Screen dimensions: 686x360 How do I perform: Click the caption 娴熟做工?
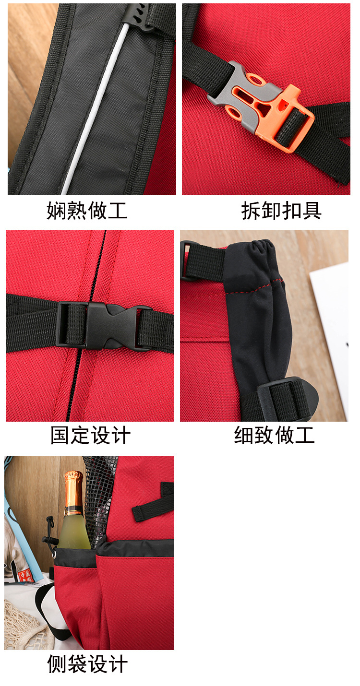pyautogui.click(x=87, y=211)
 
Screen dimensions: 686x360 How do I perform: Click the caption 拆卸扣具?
pyautogui.click(x=281, y=211)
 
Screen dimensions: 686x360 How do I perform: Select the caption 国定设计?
pyautogui.click(x=90, y=436)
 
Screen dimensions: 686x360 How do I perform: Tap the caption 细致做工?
pyautogui.click(x=274, y=435)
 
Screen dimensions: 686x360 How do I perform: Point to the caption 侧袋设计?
pyautogui.click(x=87, y=664)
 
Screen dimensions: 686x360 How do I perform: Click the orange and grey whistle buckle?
pyautogui.click(x=262, y=106)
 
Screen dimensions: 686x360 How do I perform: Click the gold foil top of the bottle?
pyautogui.click(x=73, y=489)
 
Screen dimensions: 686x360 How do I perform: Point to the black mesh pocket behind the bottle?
pyautogui.click(x=98, y=499)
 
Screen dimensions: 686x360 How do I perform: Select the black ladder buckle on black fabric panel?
pyautogui.click(x=283, y=398)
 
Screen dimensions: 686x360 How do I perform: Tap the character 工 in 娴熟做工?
pyautogui.click(x=118, y=211)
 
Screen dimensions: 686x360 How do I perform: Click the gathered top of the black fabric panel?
pyautogui.click(x=254, y=249)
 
